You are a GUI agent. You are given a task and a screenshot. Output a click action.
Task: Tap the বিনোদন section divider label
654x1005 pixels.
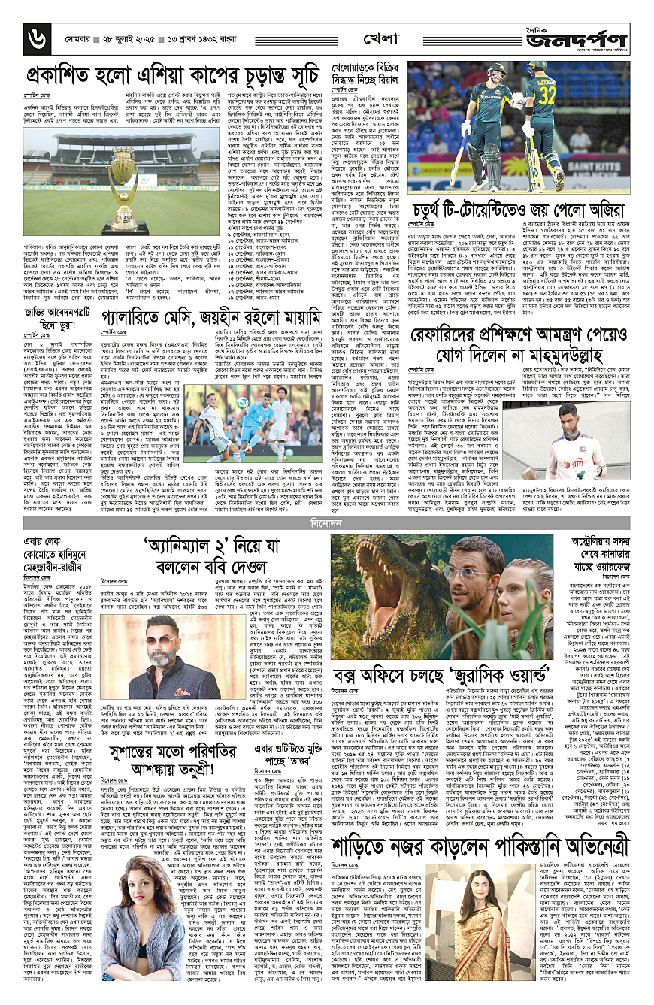tap(326, 478)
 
